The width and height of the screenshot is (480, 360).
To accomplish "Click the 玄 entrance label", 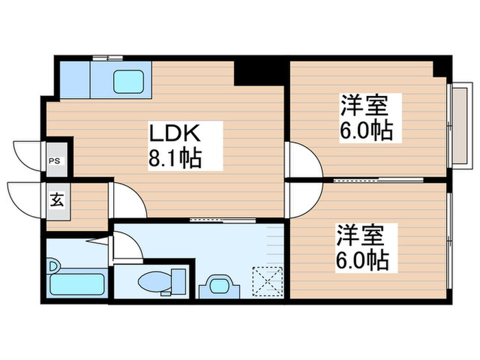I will tap(56, 201).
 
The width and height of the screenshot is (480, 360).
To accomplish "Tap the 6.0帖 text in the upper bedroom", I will tap(366, 130).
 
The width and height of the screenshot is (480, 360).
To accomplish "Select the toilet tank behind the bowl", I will tap(179, 280).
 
